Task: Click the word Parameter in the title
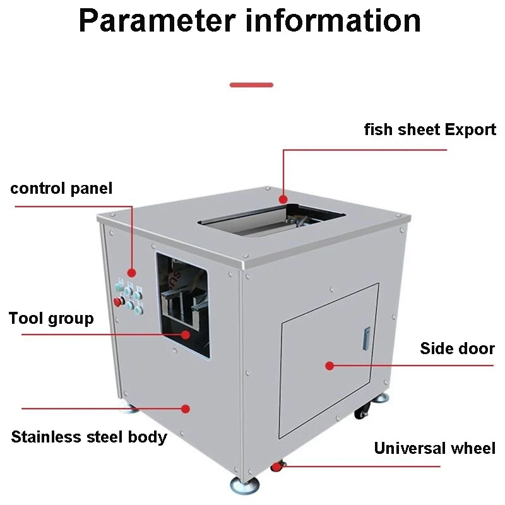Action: point(155,20)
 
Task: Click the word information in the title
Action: point(333,20)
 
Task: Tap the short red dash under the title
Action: point(251,85)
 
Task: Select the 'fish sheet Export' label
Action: point(430,130)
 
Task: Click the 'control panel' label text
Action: point(61,188)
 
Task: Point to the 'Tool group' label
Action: point(51,318)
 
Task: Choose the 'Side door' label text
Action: point(458,348)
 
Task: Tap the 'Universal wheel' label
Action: point(435,448)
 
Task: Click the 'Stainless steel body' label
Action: point(89,436)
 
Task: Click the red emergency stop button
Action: point(118,301)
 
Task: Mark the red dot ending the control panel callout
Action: point(131,272)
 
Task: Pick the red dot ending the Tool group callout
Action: point(186,334)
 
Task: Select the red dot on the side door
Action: point(329,365)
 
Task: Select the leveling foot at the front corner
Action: point(243,485)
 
